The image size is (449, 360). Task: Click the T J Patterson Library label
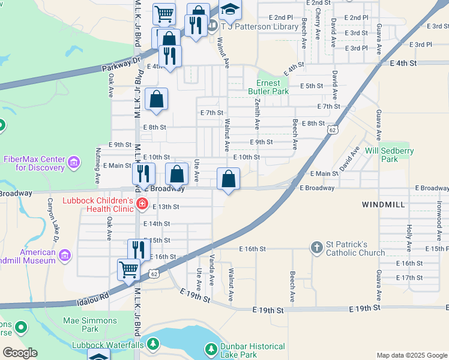(259, 26)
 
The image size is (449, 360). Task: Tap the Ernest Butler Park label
(268, 87)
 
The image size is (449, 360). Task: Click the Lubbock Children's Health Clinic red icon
(142, 204)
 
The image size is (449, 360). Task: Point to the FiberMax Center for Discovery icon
(74, 162)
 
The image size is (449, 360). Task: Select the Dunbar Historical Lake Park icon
(211, 349)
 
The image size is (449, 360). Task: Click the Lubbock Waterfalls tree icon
(154, 344)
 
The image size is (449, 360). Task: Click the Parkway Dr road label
(119, 61)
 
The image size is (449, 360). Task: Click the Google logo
(20, 352)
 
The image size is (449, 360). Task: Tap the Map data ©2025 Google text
(411, 355)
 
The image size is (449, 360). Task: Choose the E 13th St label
(166, 206)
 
